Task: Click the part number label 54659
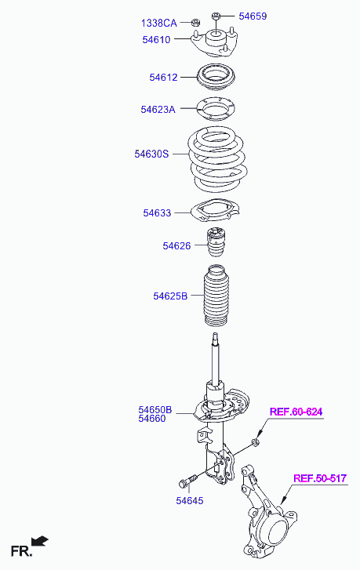(x=253, y=16)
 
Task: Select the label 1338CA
(x=159, y=24)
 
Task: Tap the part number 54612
(x=163, y=77)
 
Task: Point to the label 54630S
(x=151, y=154)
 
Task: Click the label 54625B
(x=170, y=296)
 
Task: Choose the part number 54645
(x=190, y=500)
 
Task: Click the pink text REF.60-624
(x=296, y=412)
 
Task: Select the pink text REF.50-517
(x=320, y=478)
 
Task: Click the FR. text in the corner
(x=21, y=551)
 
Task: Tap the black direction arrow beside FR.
(x=40, y=541)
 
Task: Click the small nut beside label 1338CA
(x=195, y=23)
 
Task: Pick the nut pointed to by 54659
(x=215, y=16)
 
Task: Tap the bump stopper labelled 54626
(x=216, y=241)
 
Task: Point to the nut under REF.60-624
(x=255, y=442)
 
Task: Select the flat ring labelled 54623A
(x=215, y=109)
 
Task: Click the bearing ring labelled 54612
(x=216, y=78)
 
